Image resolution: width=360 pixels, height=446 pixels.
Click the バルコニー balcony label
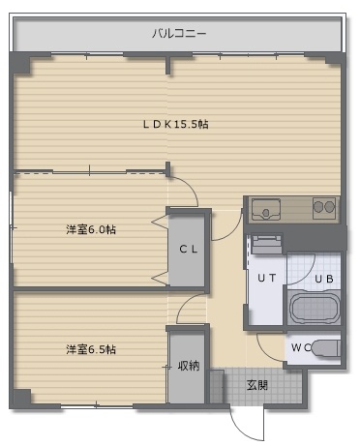pyautogui.click(x=179, y=34)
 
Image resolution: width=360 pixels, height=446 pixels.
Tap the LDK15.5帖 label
pyautogui.click(x=176, y=124)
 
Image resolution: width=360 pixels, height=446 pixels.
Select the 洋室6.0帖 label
pyautogui.click(x=91, y=229)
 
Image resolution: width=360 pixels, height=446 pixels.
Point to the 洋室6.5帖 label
pyautogui.click(x=91, y=349)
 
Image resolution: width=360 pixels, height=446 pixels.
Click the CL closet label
pyautogui.click(x=189, y=249)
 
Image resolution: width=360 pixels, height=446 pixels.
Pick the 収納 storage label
pyautogui.click(x=189, y=366)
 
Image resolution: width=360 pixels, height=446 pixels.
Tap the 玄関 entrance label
pyautogui.click(x=257, y=385)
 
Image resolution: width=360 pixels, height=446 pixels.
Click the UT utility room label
pyautogui.click(x=267, y=278)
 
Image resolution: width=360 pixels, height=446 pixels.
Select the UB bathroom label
pyautogui.click(x=324, y=279)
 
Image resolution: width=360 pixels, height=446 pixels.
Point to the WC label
pyautogui.click(x=301, y=347)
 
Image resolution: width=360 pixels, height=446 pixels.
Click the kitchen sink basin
pyautogui.click(x=266, y=209)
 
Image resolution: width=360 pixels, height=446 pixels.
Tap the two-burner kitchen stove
pyautogui.click(x=324, y=207)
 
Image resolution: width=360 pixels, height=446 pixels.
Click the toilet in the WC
pyautogui.click(x=326, y=348)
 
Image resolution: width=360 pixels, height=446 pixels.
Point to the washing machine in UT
pyautogui.click(x=267, y=245)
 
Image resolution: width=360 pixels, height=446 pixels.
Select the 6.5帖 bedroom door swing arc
pyautogui.click(x=185, y=303)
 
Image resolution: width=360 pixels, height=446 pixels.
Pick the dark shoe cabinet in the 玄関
pyautogui.click(x=217, y=386)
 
